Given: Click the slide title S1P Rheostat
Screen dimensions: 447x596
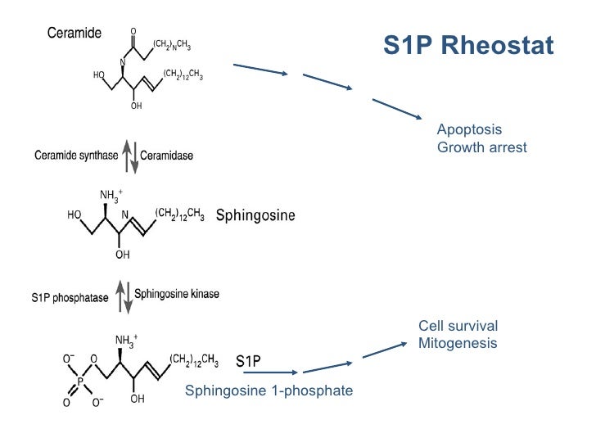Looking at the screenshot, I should point(467,46).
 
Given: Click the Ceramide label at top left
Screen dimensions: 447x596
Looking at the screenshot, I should point(74,33).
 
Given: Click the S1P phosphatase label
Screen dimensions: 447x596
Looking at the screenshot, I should point(70,298).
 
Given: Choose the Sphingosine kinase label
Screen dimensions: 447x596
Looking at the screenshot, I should point(177,292).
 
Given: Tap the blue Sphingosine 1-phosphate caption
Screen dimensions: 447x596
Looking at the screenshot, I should point(269,391).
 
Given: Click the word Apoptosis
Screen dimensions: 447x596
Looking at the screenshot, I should point(469,130).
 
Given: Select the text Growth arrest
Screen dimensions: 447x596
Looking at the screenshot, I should point(481,148).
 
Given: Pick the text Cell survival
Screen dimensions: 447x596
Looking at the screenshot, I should point(458,326).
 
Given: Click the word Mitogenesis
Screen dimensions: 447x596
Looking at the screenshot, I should point(458,344).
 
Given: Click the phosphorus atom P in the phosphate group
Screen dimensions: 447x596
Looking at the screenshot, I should point(80,381).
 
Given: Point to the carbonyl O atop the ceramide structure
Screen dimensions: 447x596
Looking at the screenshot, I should point(133,32).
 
